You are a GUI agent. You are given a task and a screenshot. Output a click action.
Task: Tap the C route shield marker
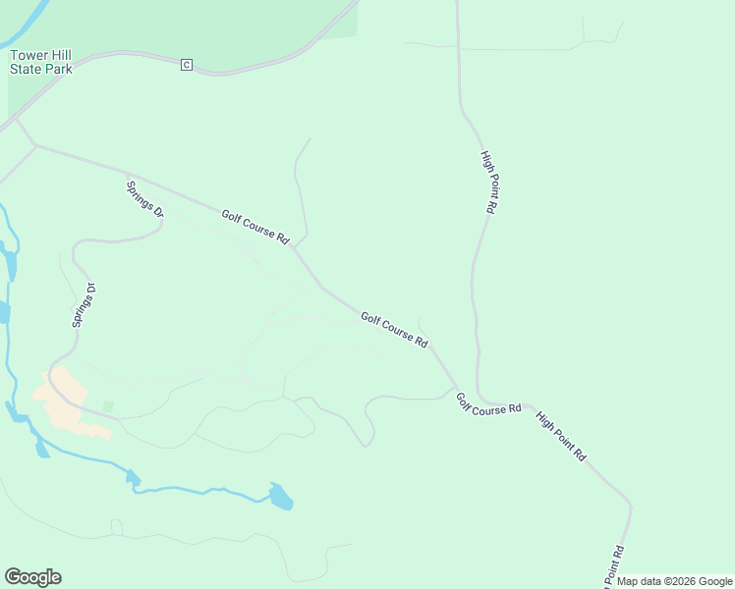point(186,65)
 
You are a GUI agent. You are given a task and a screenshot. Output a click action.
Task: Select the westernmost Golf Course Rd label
point(255,228)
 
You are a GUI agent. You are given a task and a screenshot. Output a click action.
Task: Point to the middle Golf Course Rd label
point(394,330)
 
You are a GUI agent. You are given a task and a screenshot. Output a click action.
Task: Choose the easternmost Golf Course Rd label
point(488,403)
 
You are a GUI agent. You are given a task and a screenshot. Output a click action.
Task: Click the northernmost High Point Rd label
point(489,182)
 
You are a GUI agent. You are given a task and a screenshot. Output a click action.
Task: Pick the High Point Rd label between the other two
point(561,435)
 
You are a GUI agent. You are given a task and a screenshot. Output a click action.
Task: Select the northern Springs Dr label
point(144,199)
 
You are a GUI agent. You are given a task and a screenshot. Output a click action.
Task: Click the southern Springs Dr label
point(83,305)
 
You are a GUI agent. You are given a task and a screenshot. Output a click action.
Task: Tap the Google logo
point(32,577)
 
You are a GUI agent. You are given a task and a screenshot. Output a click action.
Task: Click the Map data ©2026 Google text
point(674,581)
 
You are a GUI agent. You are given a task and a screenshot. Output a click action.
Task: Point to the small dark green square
point(108,406)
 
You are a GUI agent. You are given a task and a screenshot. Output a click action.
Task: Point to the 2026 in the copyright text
point(670,581)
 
